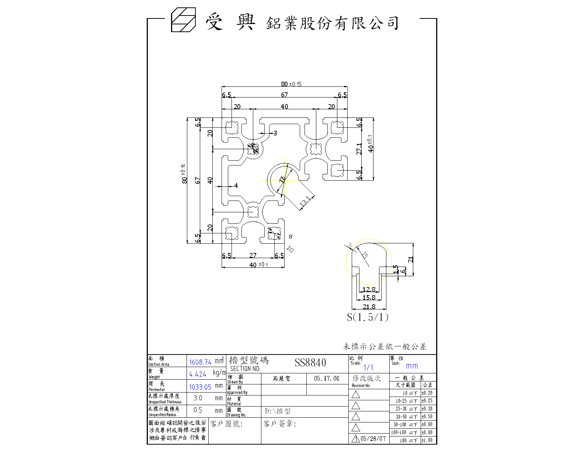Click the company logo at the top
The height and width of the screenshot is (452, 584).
(183, 20)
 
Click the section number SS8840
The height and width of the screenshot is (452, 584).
(310, 363)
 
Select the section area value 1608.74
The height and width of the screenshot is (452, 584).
(200, 362)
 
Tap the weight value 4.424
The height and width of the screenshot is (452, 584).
(198, 374)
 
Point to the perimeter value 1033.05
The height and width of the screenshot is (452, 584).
(200, 387)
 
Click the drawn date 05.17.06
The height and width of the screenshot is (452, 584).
(327, 379)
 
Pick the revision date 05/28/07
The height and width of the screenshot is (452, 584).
(373, 439)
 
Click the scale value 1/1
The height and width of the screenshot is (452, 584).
(368, 367)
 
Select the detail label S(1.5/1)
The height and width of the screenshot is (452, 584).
(368, 317)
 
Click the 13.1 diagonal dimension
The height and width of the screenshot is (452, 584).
(305, 202)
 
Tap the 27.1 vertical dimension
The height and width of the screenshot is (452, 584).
(359, 148)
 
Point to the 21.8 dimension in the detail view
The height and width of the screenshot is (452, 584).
(369, 307)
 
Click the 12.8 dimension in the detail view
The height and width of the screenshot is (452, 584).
(369, 289)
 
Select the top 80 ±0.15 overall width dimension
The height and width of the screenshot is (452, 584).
(291, 84)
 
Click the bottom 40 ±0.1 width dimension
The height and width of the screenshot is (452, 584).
(258, 265)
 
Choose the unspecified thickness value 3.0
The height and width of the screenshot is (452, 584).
(198, 398)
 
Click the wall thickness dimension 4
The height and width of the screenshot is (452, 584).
(236, 186)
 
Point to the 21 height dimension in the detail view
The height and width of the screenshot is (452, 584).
(411, 260)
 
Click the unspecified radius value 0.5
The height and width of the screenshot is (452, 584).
(198, 410)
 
